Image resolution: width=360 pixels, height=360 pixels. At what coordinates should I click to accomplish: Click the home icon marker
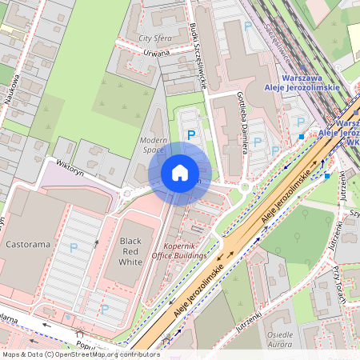click(x=180, y=173)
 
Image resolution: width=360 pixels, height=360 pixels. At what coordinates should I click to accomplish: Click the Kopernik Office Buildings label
click(x=186, y=250)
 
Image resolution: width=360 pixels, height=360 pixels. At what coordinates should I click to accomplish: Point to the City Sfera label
click(x=155, y=38)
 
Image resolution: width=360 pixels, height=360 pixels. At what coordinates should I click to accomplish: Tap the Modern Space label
click(x=152, y=144)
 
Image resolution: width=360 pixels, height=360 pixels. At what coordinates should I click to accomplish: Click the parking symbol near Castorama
click(x=74, y=249)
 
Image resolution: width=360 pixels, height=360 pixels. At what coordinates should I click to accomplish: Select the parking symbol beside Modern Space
click(x=191, y=136)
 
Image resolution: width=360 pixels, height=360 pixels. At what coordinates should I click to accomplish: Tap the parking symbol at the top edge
click(x=246, y=26)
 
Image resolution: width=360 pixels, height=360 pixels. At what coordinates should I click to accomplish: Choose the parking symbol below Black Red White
click(x=104, y=307)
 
